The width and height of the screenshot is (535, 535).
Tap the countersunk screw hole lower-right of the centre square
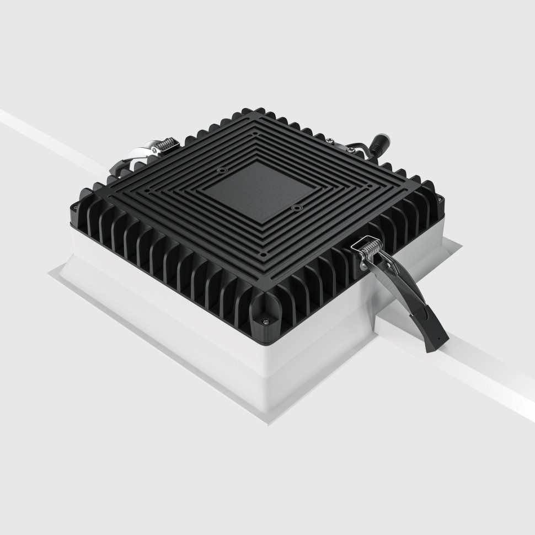[x=297, y=208]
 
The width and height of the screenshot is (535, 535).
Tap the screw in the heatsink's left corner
[x=73, y=207]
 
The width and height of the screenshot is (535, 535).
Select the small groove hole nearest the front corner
[x=264, y=254]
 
